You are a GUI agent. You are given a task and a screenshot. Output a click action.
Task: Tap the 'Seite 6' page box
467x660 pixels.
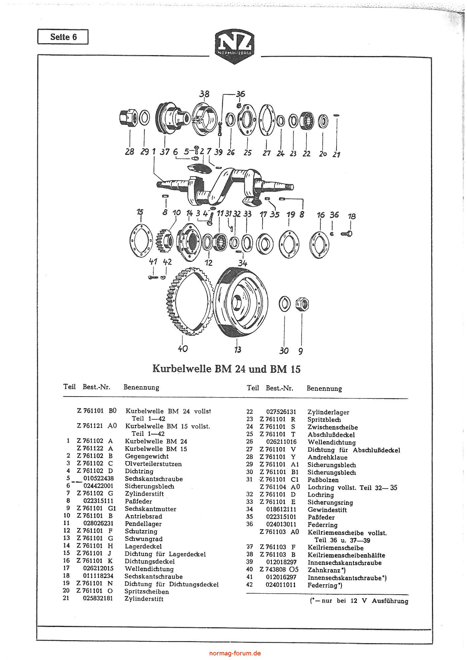pos(63,37)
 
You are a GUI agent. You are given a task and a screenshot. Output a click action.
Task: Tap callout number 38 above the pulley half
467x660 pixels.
pos(204,94)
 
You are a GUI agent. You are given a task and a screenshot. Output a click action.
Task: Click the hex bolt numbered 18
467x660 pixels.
pos(348,234)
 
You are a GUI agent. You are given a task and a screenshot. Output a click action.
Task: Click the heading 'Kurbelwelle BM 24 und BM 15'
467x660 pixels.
pos(227,368)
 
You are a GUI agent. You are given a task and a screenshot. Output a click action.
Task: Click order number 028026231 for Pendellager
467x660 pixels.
pos(98,524)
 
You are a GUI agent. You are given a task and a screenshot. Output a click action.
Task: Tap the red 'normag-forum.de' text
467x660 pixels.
pos(235,653)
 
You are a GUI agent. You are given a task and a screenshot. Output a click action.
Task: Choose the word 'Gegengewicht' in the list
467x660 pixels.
pos(147,456)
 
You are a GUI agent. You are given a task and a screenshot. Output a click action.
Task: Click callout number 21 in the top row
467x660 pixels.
pos(336,154)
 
